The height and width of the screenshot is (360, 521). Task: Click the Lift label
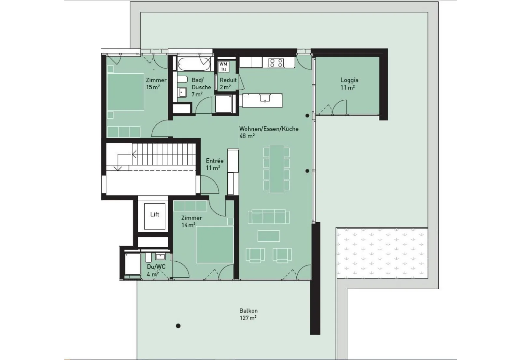pos(155,214)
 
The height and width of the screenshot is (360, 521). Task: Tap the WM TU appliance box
pos(223,66)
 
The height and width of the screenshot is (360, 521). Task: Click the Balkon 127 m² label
pos(248,314)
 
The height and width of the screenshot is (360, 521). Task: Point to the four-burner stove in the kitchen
pos(276,63)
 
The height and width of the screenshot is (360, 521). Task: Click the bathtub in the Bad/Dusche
pos(194,64)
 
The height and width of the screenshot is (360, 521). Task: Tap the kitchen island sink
pos(265,98)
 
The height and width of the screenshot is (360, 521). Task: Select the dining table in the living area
pos(276,169)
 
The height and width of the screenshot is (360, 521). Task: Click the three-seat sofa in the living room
pos(269,217)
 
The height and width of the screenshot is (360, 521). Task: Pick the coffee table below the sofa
pos(269,236)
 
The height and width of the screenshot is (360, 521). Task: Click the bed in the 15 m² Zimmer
pos(126,92)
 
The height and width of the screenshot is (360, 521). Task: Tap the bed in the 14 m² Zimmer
pos(215,245)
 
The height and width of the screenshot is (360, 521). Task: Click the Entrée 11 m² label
pos(215,164)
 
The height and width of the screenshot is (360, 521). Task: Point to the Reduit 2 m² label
pos(228,83)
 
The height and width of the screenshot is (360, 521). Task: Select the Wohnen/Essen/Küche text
pos(269,129)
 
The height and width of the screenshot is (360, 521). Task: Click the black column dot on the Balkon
pos(178,326)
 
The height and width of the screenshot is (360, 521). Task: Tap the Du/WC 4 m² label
pos(156,270)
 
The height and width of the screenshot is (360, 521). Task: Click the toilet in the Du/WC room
pos(148,257)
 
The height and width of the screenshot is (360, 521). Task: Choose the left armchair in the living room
pos(255,255)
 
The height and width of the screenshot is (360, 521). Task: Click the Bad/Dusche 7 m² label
pos(201,87)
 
